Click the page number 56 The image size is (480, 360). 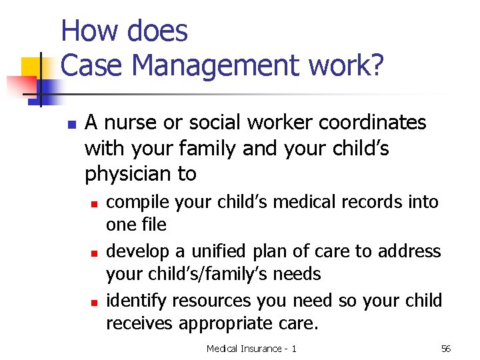pyautogui.click(x=446, y=349)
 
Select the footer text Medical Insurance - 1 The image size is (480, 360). pyautogui.click(x=251, y=349)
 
